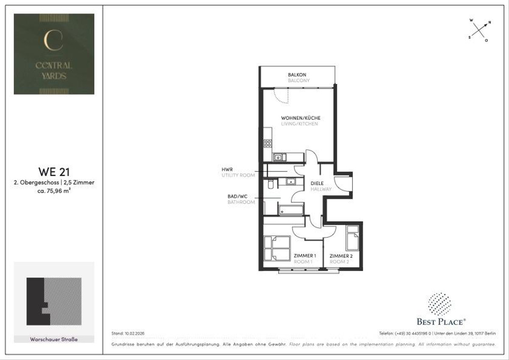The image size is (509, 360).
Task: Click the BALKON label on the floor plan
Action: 297,75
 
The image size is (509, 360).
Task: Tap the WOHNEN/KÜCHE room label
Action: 300,118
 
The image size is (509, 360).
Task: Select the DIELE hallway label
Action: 317,184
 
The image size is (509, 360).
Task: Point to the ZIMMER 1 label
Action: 305,256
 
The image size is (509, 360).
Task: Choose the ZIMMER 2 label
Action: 341,256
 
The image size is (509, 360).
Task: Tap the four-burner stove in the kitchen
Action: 268,143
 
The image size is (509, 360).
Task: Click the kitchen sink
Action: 279,157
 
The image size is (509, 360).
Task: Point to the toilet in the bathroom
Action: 271,184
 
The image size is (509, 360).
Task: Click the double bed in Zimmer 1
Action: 276,248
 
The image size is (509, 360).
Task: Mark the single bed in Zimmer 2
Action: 352,238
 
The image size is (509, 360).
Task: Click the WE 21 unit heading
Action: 54,172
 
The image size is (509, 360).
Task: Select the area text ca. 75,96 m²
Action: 54,191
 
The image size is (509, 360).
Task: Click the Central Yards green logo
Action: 54,54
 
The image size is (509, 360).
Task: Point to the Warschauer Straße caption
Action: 54,339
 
